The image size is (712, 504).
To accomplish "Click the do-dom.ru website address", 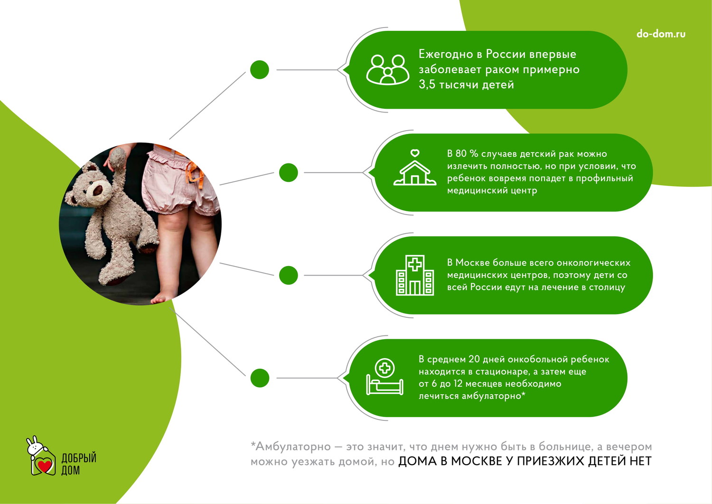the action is [661, 34].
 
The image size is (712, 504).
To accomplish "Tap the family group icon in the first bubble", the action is [388, 70].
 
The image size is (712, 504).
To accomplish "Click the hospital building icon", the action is [415, 275].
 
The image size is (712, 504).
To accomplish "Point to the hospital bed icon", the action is [384, 377].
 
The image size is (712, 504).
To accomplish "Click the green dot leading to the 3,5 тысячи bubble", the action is [259, 70].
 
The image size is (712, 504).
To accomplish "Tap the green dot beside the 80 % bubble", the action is [288, 172].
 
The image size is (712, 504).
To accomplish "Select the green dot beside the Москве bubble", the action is [288, 275].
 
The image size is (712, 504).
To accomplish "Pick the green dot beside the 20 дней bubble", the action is [260, 378].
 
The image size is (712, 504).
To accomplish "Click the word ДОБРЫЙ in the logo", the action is [79, 458].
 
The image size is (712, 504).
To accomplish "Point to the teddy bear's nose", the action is [97, 190].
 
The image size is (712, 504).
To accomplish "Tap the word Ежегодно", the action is [446, 55].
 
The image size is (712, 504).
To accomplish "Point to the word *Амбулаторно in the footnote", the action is [291, 447].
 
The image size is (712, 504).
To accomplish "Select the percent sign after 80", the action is [474, 154].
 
